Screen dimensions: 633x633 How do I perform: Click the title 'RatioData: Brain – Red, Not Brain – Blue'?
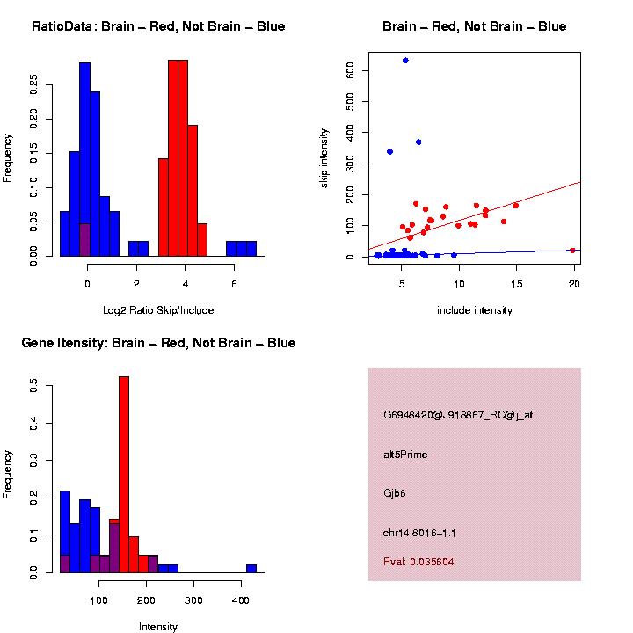(x=158, y=26)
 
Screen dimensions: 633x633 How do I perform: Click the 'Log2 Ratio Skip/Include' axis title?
(x=157, y=310)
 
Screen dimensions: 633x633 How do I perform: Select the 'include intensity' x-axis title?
(x=475, y=310)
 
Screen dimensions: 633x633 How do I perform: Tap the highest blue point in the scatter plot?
(x=405, y=60)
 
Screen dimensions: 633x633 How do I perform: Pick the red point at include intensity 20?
(x=572, y=250)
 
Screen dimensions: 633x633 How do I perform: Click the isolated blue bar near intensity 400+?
(x=251, y=568)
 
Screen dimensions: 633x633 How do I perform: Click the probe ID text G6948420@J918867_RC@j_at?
(x=458, y=415)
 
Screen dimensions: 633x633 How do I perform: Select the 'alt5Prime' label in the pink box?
(x=405, y=455)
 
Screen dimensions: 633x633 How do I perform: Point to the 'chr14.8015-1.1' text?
(x=419, y=534)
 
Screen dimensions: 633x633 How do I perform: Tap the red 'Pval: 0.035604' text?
(x=418, y=561)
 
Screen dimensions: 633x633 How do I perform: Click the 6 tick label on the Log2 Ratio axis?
(x=234, y=284)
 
